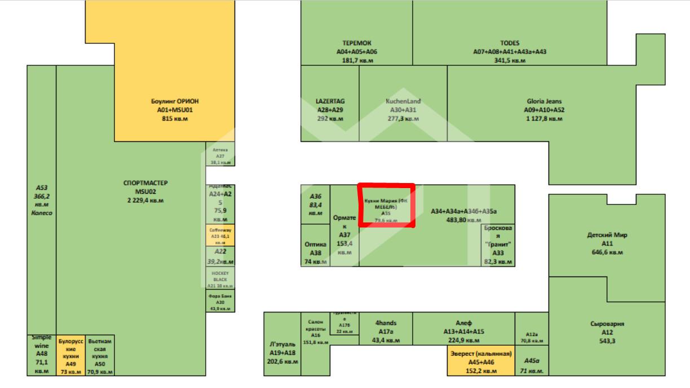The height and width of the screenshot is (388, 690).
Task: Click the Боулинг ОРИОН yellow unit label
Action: (x=175, y=101)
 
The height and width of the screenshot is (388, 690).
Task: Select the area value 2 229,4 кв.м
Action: (x=145, y=200)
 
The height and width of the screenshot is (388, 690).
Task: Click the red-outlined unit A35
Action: (x=386, y=206)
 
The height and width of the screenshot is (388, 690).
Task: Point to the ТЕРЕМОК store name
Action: (x=356, y=43)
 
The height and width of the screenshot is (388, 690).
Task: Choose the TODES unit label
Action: (x=510, y=43)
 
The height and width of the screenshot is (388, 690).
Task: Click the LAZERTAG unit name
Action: (x=330, y=101)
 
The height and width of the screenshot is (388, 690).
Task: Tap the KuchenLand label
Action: (x=403, y=101)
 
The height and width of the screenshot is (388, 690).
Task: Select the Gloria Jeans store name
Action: (x=544, y=102)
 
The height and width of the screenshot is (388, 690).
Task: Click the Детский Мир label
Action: (x=607, y=235)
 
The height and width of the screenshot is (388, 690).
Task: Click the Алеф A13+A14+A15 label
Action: (x=463, y=332)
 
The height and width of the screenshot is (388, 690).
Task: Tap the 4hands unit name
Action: (x=386, y=323)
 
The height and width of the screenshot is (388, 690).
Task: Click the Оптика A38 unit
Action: (x=315, y=249)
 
